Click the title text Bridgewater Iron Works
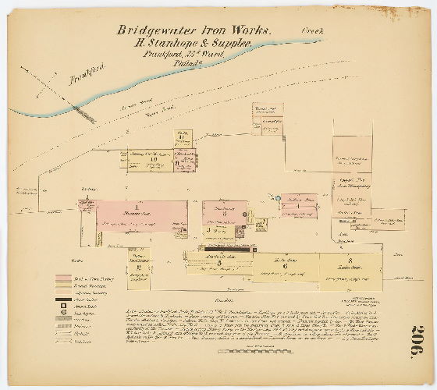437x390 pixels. click(194, 30)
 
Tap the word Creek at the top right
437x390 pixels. click(312, 30)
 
